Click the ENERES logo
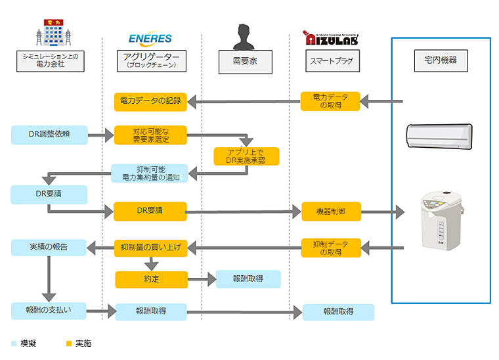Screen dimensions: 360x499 [x=150, y=39]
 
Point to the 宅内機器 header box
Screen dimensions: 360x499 [x=441, y=61]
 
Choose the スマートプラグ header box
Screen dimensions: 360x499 [x=331, y=61]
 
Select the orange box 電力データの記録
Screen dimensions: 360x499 [x=150, y=101]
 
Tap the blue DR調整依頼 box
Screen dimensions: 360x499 [x=49, y=135]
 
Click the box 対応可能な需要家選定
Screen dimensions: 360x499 [x=150, y=135]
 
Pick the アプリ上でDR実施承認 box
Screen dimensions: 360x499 [x=246, y=156]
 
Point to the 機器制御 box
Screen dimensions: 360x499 [x=331, y=212]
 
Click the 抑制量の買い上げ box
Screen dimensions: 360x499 [x=150, y=248]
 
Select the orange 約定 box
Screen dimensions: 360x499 [x=150, y=279]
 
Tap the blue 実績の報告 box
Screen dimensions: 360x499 [x=49, y=248]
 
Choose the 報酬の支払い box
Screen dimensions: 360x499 [x=49, y=311]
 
